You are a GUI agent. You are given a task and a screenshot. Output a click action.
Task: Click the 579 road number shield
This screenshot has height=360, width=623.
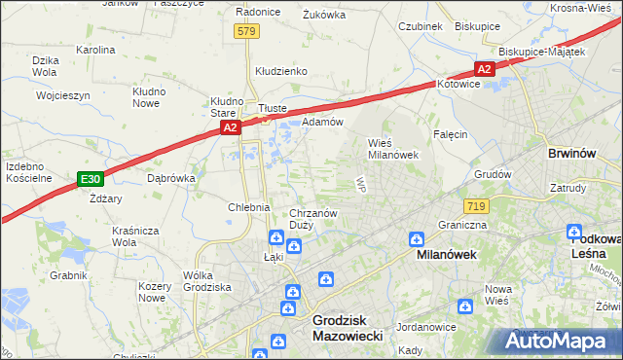tap(246, 32)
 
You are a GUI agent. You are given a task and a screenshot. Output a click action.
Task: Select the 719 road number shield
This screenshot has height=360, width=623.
tap(477, 205)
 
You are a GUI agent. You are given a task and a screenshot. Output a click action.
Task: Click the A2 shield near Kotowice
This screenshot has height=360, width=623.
tap(484, 68)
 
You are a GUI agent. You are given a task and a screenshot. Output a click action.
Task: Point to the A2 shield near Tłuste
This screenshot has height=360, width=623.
tap(229, 126)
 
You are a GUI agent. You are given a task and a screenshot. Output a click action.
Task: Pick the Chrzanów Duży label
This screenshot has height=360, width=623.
tap(313, 219)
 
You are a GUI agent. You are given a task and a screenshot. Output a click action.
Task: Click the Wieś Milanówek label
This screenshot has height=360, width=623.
tap(392, 148)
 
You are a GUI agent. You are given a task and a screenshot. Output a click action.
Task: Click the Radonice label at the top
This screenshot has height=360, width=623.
tap(259, 13)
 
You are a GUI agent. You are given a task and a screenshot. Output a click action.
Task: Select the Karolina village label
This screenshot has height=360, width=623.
tap(95, 49)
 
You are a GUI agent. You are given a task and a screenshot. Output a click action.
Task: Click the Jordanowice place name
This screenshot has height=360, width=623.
tap(427, 327)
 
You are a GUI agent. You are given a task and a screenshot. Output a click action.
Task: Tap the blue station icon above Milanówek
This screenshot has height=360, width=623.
tap(417, 237)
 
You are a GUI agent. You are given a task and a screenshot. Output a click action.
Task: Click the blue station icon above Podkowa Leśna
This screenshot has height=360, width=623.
tap(575, 232)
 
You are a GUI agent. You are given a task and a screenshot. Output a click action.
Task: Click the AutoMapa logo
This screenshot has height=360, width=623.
tap(560, 341)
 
